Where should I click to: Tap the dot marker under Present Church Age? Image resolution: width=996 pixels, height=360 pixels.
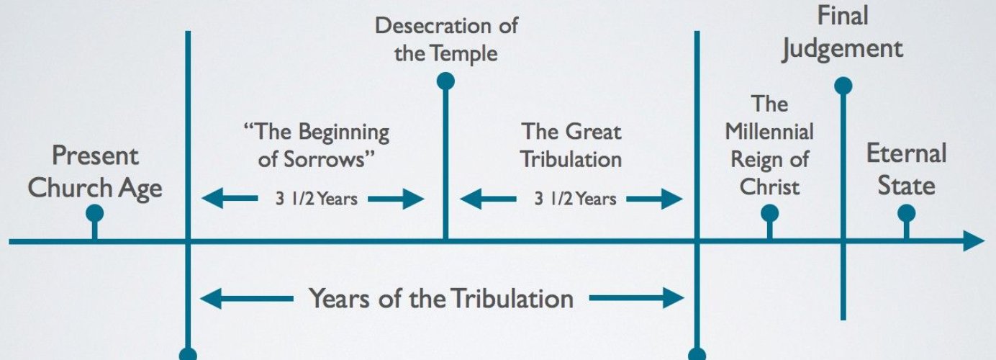pos(94,213)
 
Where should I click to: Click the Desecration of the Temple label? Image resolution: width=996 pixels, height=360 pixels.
pos(446,40)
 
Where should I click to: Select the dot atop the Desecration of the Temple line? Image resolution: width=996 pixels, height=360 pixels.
pos(445,81)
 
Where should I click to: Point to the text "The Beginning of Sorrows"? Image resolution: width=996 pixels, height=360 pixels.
pos(317,145)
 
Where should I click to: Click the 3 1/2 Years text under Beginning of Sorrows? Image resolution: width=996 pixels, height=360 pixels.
pos(316,199)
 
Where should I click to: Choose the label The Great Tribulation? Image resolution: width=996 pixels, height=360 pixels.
pos(571,145)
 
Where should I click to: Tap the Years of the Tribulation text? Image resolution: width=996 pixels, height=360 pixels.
pos(441,298)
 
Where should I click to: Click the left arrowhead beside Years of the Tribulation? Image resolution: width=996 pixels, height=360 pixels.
pos(211,298)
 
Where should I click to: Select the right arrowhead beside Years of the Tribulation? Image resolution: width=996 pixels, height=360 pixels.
pos(672,298)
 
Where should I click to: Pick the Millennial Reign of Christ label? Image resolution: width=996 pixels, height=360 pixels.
pos(769,145)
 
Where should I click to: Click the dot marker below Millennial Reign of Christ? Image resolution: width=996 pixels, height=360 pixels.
pos(769,213)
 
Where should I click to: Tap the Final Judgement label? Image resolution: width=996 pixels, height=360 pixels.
pos(843,32)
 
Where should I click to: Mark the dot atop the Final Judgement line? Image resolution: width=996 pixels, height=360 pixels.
pos(843,86)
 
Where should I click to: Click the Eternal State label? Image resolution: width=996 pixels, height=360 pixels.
pos(905,170)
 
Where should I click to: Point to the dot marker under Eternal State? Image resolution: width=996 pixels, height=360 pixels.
pos(906,213)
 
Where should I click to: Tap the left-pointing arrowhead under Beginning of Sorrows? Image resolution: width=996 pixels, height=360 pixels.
pos(211,199)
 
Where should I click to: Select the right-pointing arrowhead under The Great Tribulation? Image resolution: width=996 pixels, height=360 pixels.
pos(672,199)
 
